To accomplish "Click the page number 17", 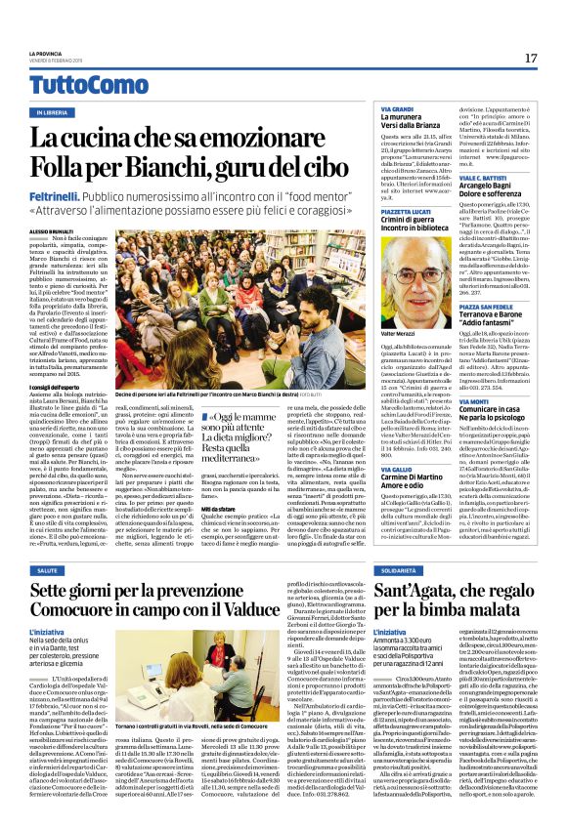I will (531, 59).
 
